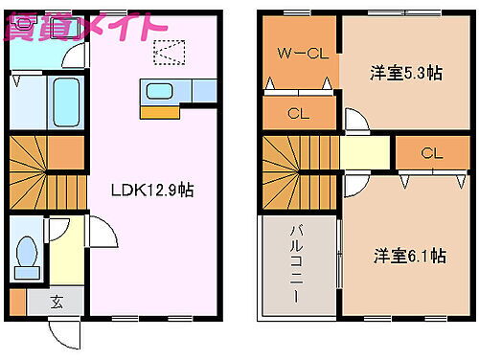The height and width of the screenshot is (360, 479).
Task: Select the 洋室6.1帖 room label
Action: pyautogui.click(x=409, y=256)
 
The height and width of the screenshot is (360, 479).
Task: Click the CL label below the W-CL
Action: pyautogui.click(x=298, y=114)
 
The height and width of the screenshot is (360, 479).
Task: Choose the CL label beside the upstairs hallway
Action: pyautogui.click(x=431, y=153)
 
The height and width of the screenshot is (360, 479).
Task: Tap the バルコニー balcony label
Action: pyautogui.click(x=297, y=262)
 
